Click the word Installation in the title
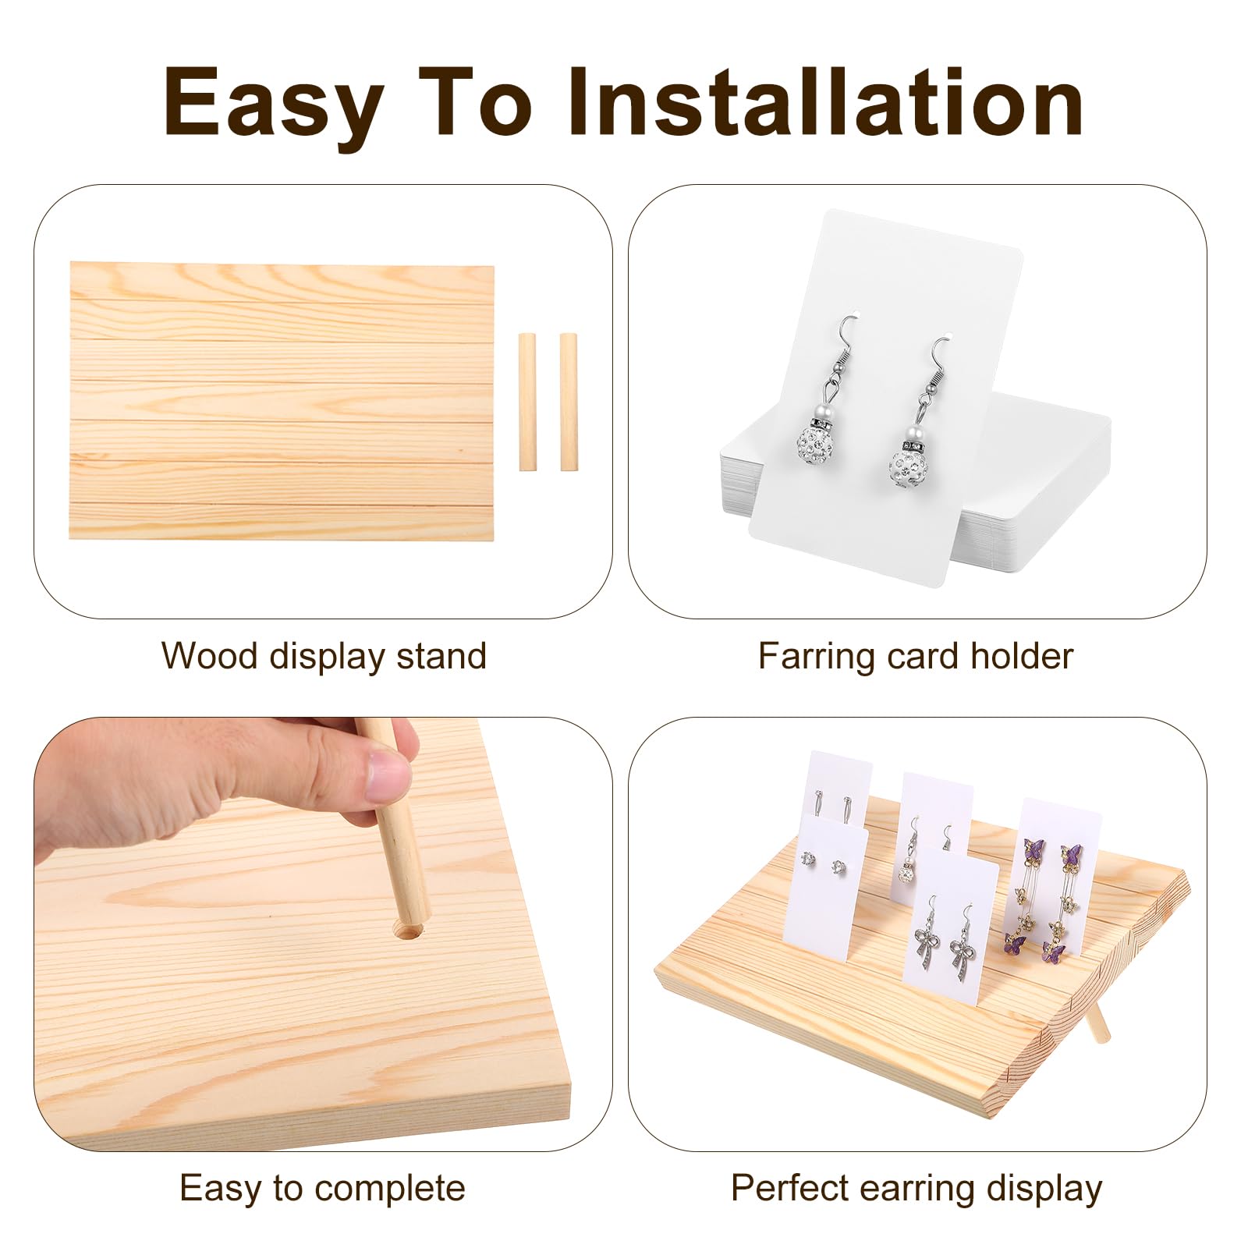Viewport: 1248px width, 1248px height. point(826,102)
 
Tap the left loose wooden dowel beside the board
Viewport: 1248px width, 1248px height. point(528,402)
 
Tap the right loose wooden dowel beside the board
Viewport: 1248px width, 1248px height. point(569,402)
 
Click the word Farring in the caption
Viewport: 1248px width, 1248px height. point(817,657)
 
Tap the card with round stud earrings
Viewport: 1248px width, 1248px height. point(827,889)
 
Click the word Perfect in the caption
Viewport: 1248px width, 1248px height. point(789,1188)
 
